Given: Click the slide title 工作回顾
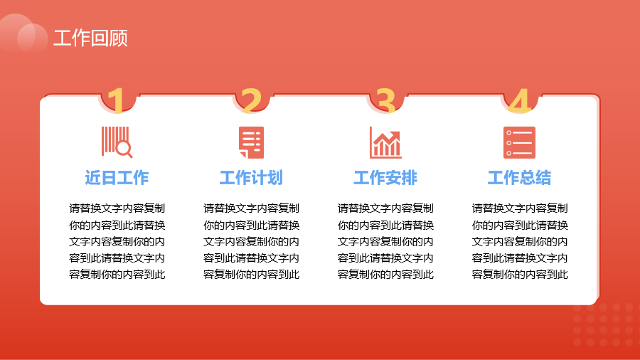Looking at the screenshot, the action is point(90,38).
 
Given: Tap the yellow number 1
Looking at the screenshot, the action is point(117,100).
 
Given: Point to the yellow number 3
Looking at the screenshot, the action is point(385,100).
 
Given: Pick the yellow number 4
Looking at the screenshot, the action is point(520,100).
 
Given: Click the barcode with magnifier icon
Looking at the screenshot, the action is point(117,142).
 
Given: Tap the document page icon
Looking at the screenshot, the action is point(252,142).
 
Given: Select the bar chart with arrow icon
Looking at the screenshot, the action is point(385,142).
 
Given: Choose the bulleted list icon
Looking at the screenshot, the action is point(519,142).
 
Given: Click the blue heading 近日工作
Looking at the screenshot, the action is point(117,178).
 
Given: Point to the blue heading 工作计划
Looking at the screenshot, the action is point(251,178).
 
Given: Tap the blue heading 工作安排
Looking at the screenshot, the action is point(385,178).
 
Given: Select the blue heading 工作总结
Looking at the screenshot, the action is point(520,178).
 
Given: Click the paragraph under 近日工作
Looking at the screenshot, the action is point(117,241).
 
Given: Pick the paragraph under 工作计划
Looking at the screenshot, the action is point(252,241).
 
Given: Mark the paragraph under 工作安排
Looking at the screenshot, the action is point(385,241).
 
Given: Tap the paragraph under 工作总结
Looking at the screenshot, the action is point(520,241).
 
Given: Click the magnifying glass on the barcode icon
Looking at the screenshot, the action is point(124,149).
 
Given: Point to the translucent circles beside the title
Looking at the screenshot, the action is point(23,34).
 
